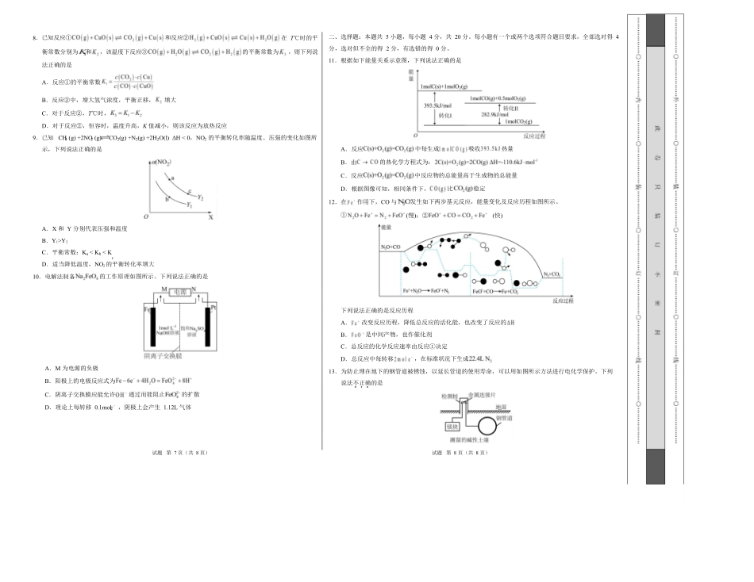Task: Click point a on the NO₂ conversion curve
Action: coord(169,178)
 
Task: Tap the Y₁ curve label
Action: coord(190,205)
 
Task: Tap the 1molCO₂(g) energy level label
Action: coord(516,123)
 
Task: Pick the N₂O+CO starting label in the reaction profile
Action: coord(390,248)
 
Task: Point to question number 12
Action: coord(333,203)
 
